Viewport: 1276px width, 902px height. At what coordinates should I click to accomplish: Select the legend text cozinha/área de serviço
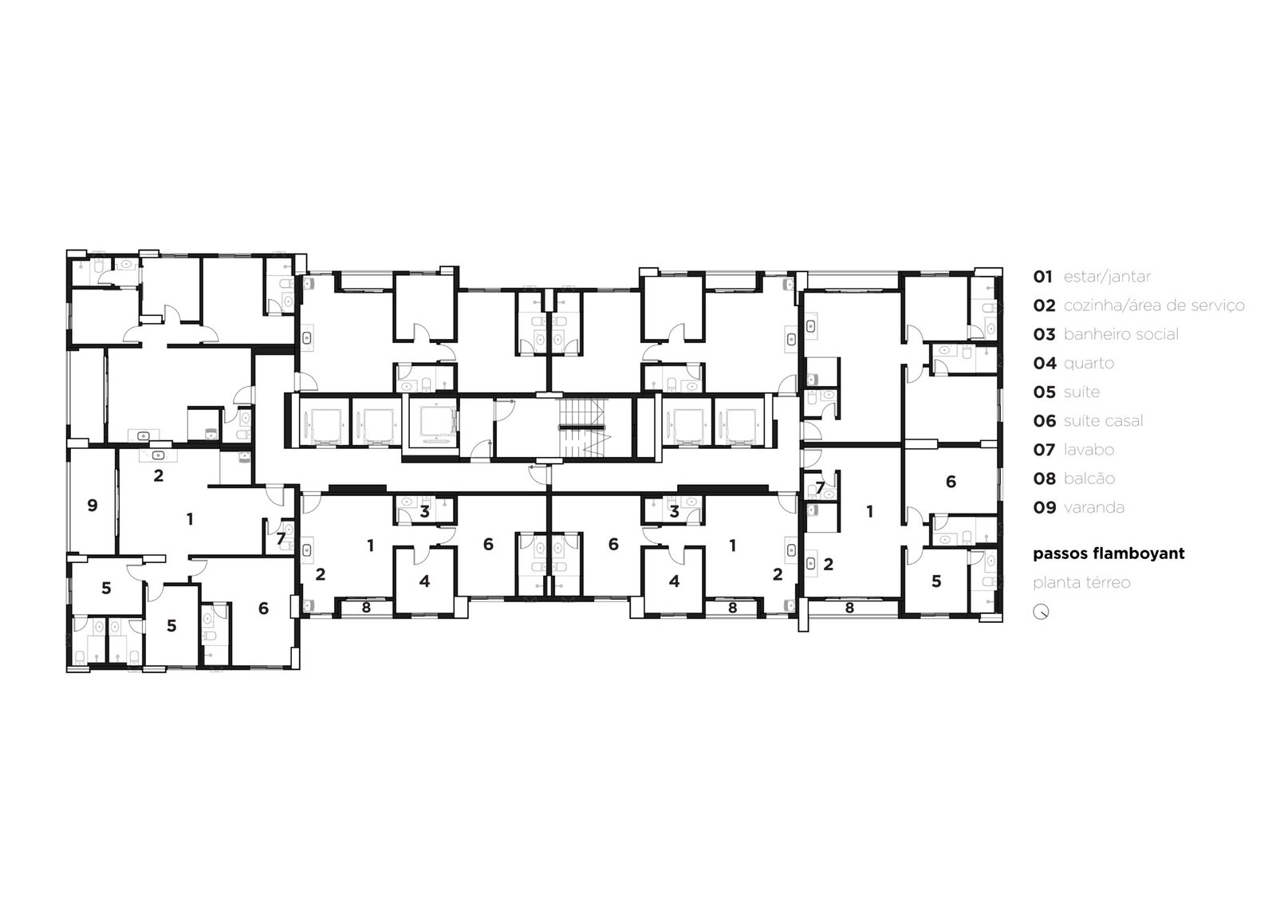point(1154,306)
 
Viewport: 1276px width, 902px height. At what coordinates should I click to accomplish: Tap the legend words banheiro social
point(1121,334)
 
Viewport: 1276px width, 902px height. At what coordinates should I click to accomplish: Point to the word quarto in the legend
point(1089,364)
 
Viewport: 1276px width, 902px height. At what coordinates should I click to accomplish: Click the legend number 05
point(1044,392)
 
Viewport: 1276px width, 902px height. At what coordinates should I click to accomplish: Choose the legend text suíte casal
point(1104,421)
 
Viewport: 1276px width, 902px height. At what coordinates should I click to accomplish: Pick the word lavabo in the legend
point(1089,450)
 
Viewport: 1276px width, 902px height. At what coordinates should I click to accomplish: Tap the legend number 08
point(1044,479)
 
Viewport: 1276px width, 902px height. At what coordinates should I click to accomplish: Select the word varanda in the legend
point(1094,508)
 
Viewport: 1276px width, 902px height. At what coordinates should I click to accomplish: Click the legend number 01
point(1043,277)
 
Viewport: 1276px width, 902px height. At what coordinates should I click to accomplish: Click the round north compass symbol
point(1042,612)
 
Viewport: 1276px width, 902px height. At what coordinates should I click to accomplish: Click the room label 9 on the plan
point(93,506)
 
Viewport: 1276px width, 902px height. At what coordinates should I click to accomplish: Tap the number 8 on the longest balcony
point(849,608)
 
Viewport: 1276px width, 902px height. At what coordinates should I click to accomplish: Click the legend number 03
point(1044,334)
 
